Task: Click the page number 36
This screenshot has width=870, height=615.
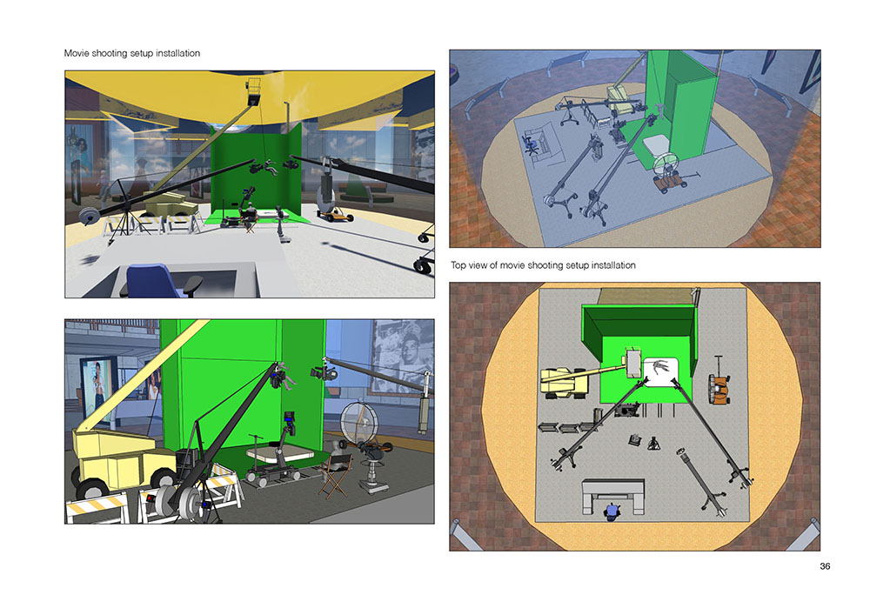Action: click(x=825, y=566)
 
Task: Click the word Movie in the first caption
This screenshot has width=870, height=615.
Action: click(x=76, y=53)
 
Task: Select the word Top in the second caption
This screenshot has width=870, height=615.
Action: click(x=458, y=265)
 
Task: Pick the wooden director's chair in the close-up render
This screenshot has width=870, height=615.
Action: click(x=336, y=475)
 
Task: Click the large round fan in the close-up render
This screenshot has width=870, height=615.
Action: click(x=359, y=423)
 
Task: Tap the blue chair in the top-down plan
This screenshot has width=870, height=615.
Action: click(x=612, y=511)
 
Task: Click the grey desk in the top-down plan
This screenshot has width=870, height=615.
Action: click(x=613, y=494)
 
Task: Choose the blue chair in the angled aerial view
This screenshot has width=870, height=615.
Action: click(x=531, y=144)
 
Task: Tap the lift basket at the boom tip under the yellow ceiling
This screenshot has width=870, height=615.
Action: click(x=253, y=92)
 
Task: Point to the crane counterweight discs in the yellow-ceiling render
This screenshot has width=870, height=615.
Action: click(x=88, y=216)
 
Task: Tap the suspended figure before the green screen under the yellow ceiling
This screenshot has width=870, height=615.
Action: click(x=271, y=167)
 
